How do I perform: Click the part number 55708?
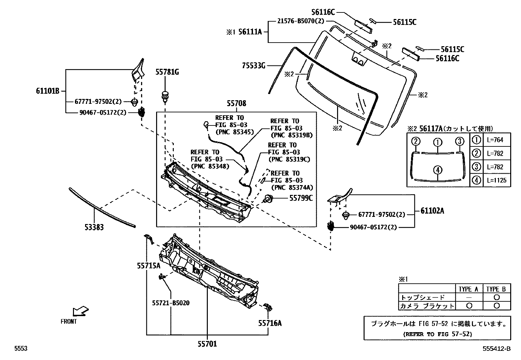(x=236, y=104)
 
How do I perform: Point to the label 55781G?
(x=167, y=72)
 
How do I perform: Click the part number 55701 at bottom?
(x=207, y=344)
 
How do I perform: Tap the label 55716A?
(x=270, y=323)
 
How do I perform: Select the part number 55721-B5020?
(x=171, y=303)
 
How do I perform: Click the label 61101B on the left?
(x=47, y=91)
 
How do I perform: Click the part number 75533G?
(x=254, y=66)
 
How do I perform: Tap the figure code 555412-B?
(x=496, y=349)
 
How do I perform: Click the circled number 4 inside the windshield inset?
(x=438, y=170)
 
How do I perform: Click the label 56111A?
(x=250, y=32)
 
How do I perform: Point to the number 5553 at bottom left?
(x=21, y=349)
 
